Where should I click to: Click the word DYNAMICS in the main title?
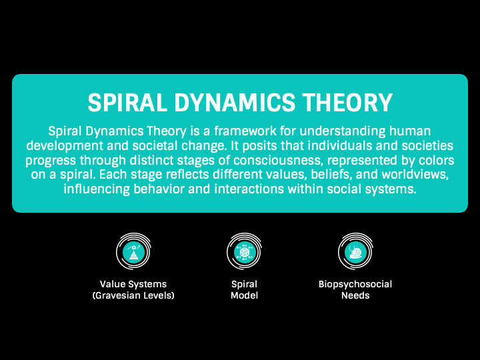tap(235, 102)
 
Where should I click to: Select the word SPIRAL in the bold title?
tap(127, 102)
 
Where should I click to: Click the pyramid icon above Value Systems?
tap(133, 251)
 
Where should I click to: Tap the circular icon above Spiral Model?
tap(244, 251)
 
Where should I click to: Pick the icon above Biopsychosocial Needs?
tap(355, 251)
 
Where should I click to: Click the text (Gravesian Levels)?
tap(133, 295)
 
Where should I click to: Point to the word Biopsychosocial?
tap(355, 285)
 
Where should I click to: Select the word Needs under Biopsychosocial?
tap(355, 295)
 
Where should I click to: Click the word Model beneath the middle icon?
tap(244, 295)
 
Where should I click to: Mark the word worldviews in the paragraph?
tap(415, 175)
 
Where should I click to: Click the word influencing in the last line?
tap(97, 189)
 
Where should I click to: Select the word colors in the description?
tap(437, 160)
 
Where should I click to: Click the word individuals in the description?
tap(340, 145)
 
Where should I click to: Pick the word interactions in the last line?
tap(249, 189)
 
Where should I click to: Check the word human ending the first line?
tap(410, 131)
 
